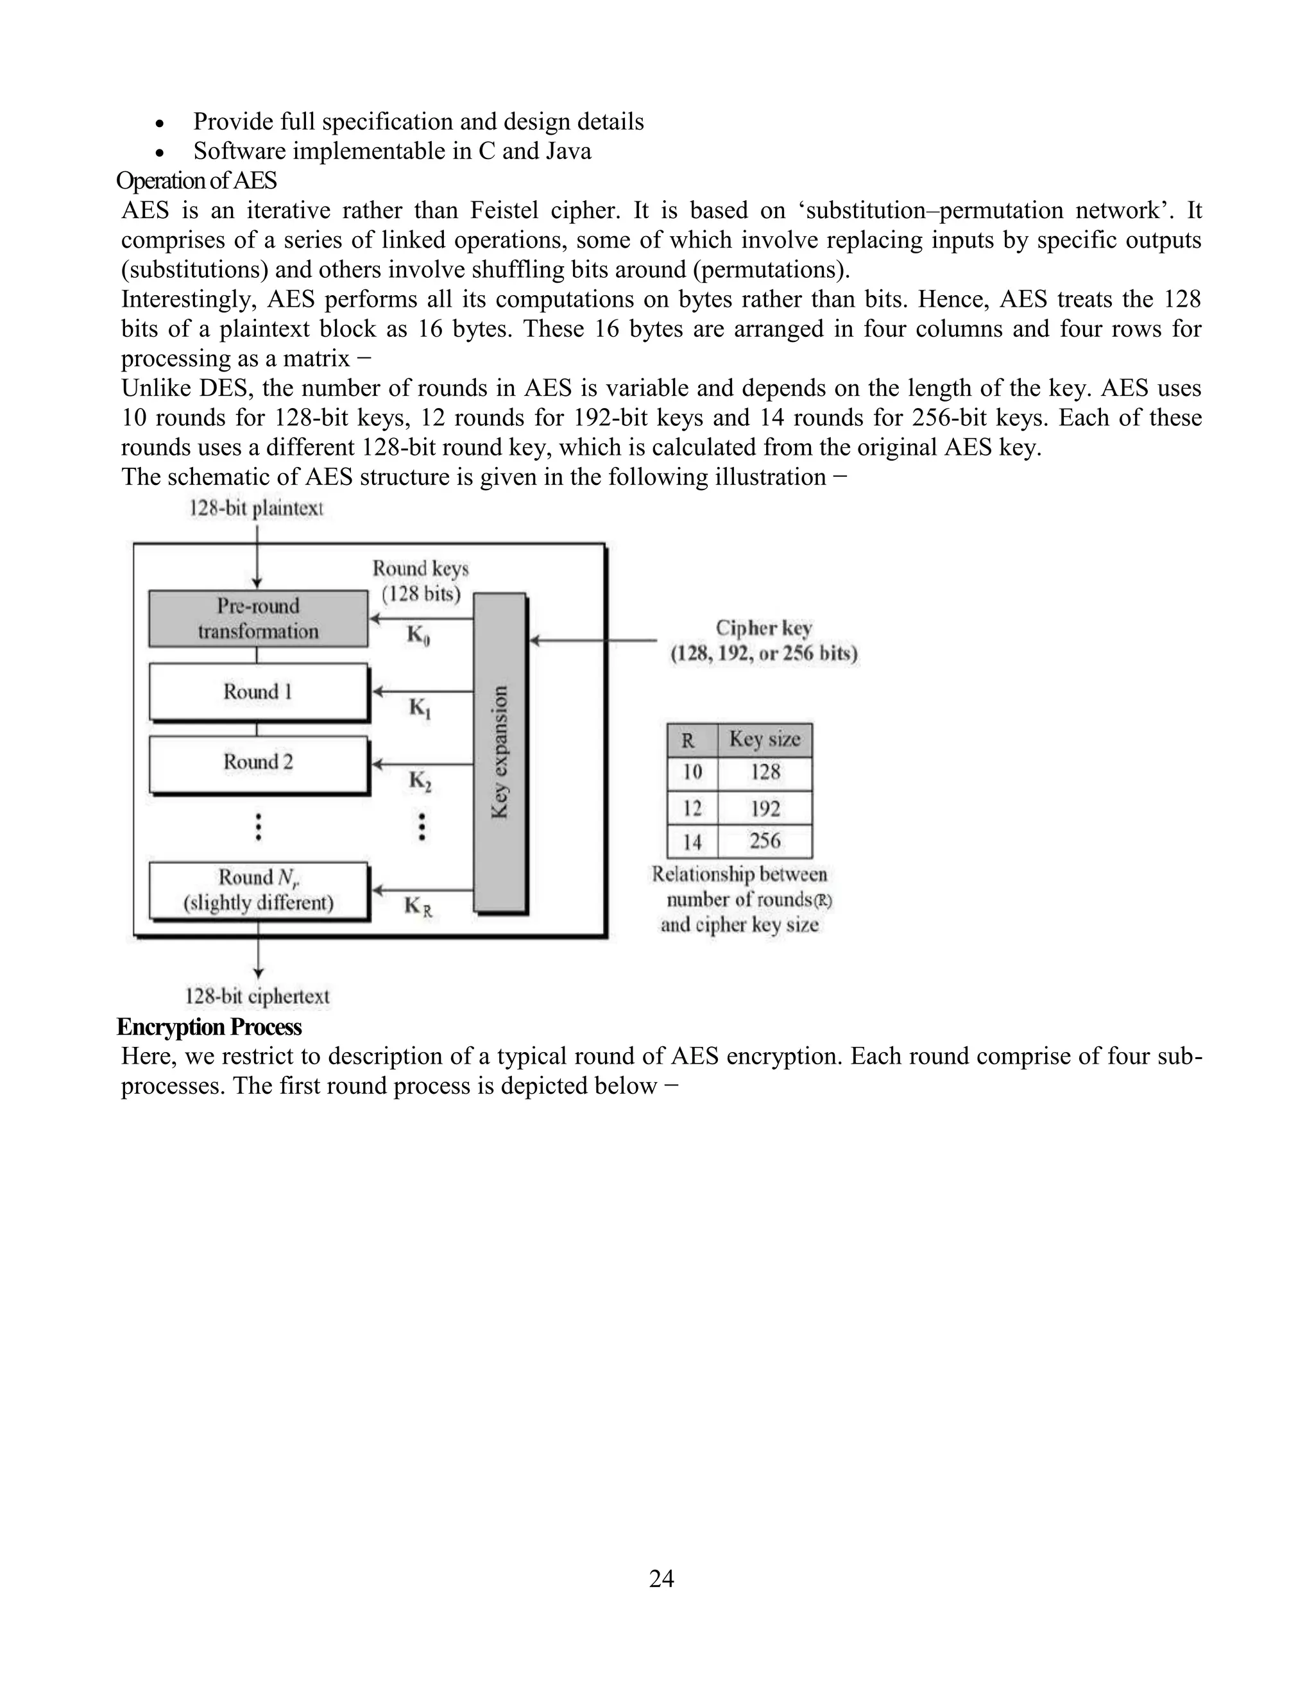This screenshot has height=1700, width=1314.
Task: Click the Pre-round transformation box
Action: [x=258, y=619]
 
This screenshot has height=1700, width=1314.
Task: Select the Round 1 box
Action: [x=258, y=691]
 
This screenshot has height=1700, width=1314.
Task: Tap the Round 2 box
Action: [x=258, y=762]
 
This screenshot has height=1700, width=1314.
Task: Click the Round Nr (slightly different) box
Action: [x=258, y=890]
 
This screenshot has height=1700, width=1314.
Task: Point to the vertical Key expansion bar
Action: [x=500, y=752]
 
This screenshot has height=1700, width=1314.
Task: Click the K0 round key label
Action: [x=418, y=636]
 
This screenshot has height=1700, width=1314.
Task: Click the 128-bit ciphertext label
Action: [x=257, y=996]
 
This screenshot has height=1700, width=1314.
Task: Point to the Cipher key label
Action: [x=764, y=628]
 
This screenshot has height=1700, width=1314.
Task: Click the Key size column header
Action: [x=764, y=740]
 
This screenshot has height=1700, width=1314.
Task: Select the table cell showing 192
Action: [x=764, y=809]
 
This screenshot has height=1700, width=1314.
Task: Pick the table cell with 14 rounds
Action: [x=692, y=842]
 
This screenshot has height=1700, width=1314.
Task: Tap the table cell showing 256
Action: [x=764, y=842]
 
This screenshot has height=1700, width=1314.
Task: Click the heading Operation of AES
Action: [x=196, y=181]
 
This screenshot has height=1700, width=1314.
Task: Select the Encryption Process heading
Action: [x=209, y=1028]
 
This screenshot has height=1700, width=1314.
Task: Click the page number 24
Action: [x=661, y=1579]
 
